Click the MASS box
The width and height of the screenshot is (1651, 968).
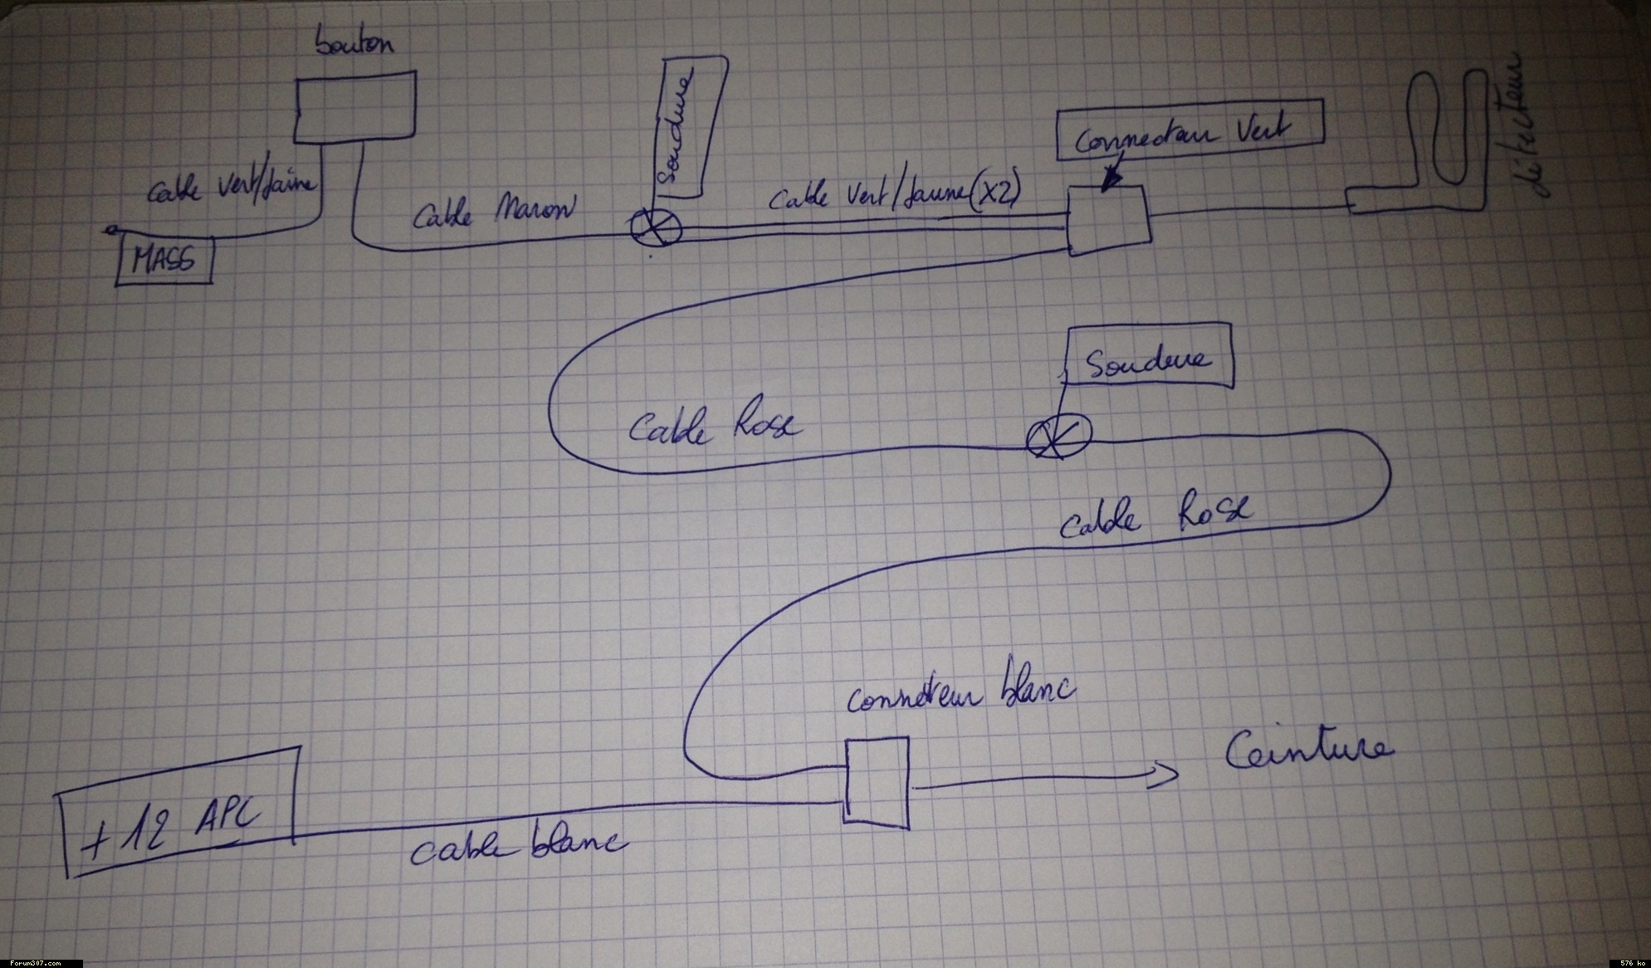[164, 261]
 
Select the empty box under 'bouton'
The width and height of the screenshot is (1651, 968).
[355, 107]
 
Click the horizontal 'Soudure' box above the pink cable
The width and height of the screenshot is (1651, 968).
[1149, 359]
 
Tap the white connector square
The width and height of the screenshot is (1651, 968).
[877, 781]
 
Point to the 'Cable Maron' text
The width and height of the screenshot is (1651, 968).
[494, 211]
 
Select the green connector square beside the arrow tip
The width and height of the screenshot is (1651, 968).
[1108, 220]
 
